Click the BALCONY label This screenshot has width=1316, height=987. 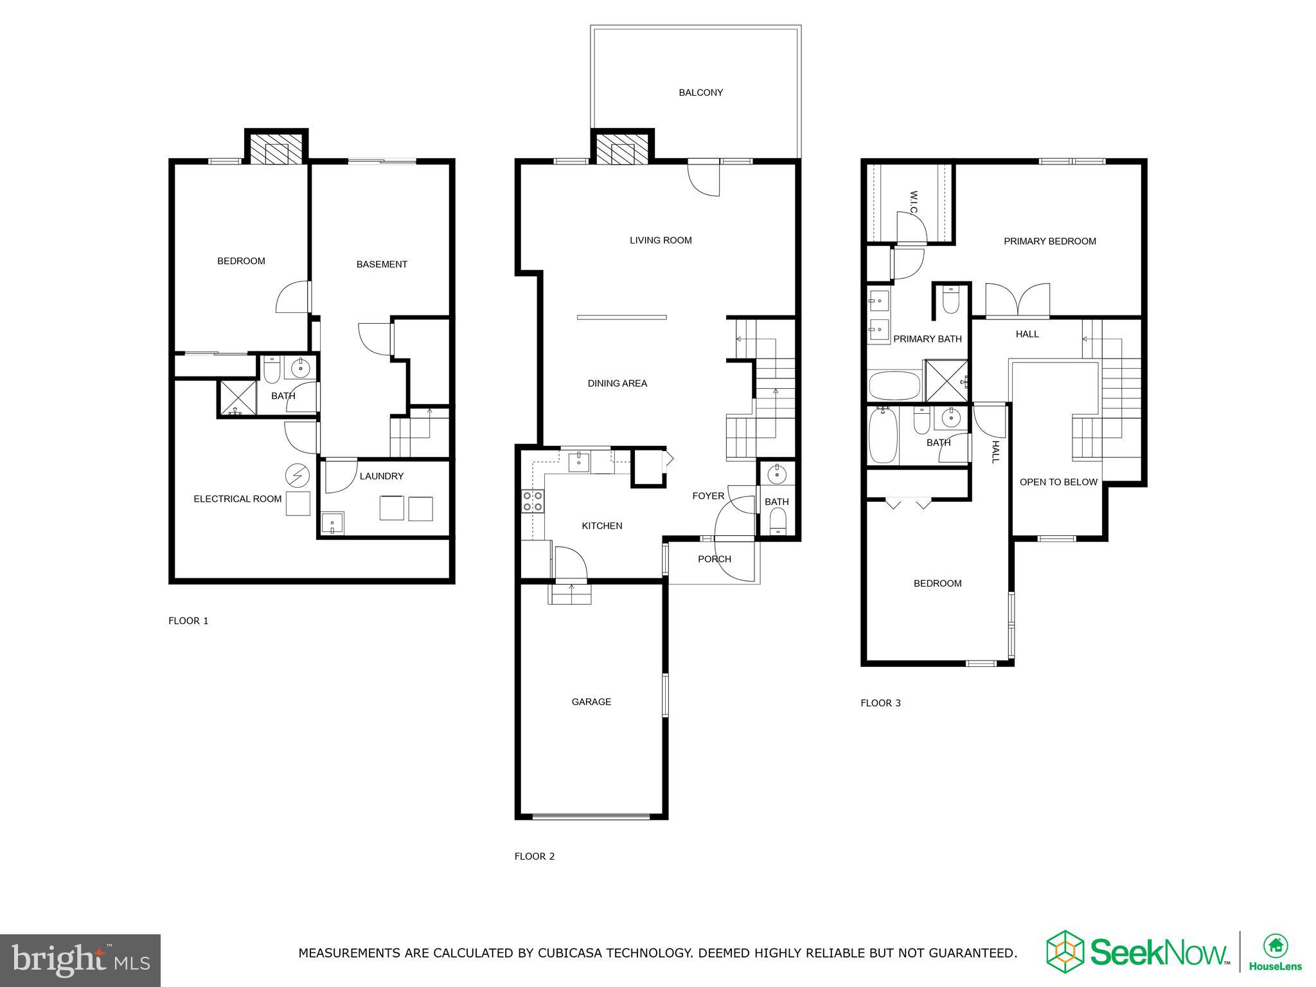pos(700,93)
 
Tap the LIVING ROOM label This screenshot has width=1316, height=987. pos(661,240)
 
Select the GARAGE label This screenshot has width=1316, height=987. pos(591,702)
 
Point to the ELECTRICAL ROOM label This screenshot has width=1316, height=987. pos(238,499)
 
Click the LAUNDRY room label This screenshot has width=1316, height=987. pos(382,476)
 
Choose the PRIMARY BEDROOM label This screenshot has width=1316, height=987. pos(1050,242)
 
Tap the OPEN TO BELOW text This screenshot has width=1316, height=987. pos(1058,482)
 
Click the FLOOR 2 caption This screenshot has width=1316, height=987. pos(534,856)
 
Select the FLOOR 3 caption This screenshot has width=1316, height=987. pos(880,703)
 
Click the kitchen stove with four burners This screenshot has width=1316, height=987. pos(532,501)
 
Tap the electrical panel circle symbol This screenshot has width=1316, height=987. pos(297,476)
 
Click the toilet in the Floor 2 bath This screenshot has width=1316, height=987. pos(777,520)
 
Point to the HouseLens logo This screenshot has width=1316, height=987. pos(1275,953)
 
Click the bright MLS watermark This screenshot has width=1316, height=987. pos(80,961)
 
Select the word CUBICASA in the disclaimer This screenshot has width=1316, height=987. pos(549,953)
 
